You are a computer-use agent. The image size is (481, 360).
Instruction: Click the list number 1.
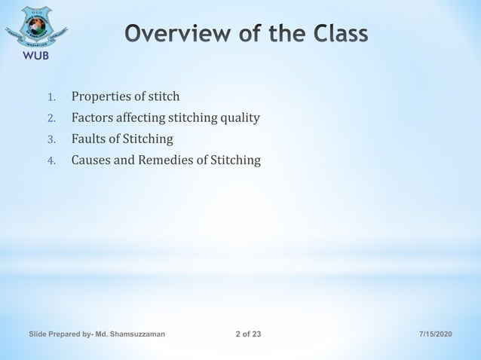51,97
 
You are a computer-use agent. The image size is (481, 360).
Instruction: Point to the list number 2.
51,118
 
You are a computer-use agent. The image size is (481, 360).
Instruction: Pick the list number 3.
51,139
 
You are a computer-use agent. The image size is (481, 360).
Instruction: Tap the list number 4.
51,160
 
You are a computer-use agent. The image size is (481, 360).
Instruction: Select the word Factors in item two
93,117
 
